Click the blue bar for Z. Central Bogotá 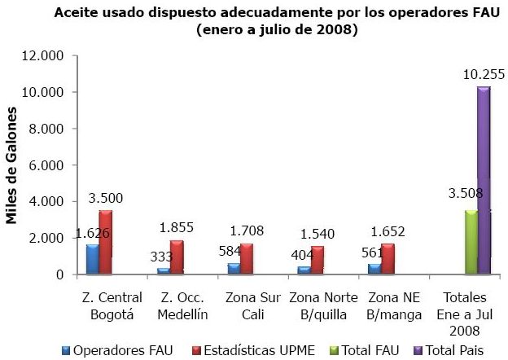tap(92, 258)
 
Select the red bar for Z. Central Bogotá tap(105, 242)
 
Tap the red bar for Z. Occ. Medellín tap(176, 257)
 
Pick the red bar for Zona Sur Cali tap(246, 258)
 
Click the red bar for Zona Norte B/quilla tap(317, 260)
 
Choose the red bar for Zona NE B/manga tap(387, 259)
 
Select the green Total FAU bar tap(471, 242)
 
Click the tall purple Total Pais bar tap(484, 180)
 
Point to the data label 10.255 tap(484, 75)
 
